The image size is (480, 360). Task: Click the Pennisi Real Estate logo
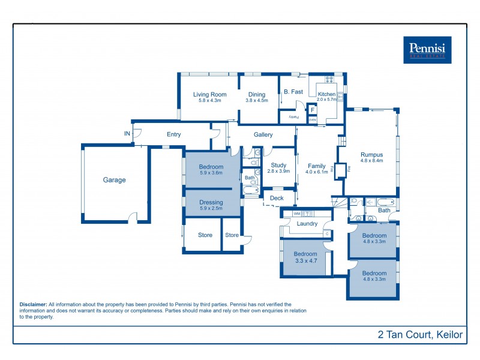pos(427,49)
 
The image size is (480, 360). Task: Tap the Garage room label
pos(114,180)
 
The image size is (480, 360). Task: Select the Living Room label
pos(209,94)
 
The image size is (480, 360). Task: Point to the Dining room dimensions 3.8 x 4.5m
pos(257,101)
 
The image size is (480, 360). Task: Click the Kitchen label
pos(326,94)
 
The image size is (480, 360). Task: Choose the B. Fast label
pos(293,92)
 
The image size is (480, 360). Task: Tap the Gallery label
pos(263,135)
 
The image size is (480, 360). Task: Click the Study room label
pos(278,165)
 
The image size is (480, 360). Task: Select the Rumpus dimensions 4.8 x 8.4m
pos(371,161)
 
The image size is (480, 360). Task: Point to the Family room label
pos(317,166)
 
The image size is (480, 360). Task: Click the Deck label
pos(277,198)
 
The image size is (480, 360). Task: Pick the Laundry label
pos(308,224)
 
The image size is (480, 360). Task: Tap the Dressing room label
pos(211,202)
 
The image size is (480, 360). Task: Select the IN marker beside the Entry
pos(127,133)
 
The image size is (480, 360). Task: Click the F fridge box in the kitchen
pos(313,110)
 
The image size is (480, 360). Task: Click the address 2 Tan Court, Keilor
pos(420,335)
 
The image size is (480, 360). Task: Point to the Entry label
pos(173,134)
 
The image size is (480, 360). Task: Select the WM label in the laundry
pos(296,214)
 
